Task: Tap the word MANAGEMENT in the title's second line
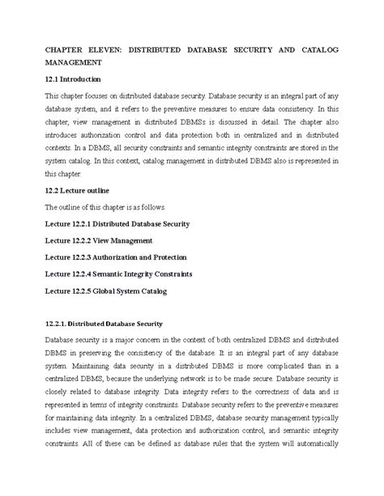(x=73, y=61)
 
